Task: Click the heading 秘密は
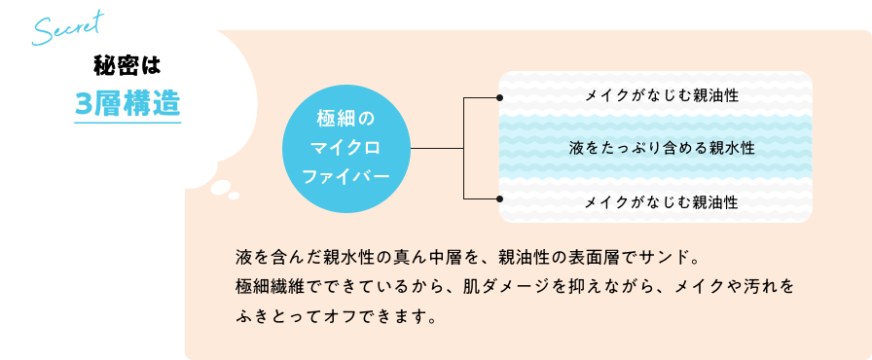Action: click(x=126, y=65)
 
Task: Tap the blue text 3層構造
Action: click(x=127, y=104)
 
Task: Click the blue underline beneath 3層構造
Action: click(x=127, y=122)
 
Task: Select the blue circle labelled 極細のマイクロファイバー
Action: click(x=345, y=148)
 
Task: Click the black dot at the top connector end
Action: click(x=499, y=98)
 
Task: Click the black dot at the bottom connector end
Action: click(x=499, y=199)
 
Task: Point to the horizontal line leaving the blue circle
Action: click(x=438, y=149)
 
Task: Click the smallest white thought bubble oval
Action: click(x=234, y=196)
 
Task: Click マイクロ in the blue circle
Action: click(x=345, y=148)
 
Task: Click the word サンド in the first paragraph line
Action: click(x=662, y=259)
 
